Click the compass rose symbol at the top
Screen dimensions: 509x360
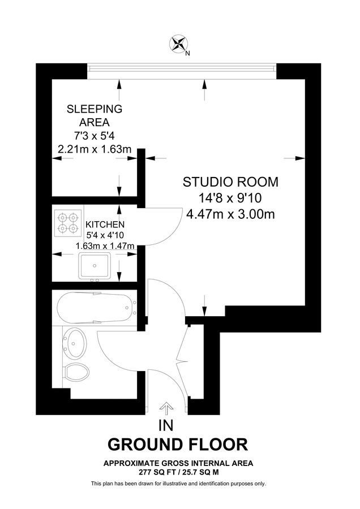178,44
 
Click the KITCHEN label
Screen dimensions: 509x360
105,225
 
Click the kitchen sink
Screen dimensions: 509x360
95,265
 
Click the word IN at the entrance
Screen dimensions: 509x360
167,425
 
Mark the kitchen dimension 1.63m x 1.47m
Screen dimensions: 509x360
105,246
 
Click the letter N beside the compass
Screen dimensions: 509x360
187,54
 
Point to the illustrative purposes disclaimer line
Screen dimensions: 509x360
178,484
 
